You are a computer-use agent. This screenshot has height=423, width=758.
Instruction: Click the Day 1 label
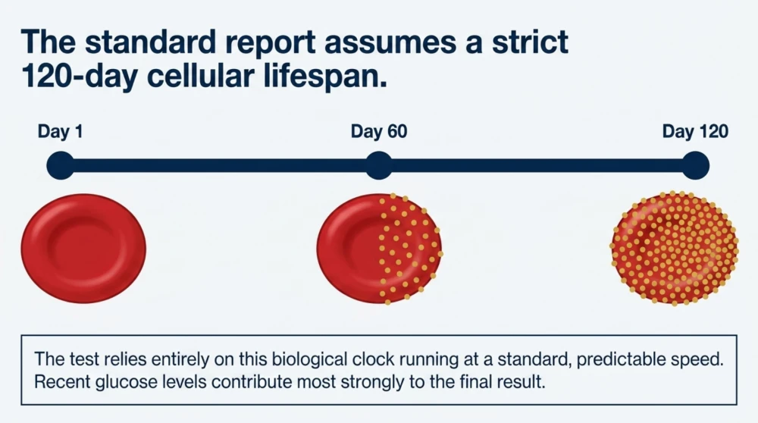[61, 131]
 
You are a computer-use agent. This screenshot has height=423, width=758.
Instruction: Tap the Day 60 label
[379, 131]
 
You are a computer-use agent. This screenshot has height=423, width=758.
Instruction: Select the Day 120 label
[695, 131]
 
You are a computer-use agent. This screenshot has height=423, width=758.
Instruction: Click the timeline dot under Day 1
[61, 165]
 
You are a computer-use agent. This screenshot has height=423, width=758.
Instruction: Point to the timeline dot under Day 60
[379, 165]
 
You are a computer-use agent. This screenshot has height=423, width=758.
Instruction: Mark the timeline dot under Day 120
[695, 165]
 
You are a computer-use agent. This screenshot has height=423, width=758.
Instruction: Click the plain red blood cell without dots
[83, 249]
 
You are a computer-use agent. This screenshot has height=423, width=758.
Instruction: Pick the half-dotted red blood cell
[380, 249]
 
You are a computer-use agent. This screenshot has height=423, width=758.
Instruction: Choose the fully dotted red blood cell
[675, 248]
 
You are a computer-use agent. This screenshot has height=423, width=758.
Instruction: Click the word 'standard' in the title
[150, 41]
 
